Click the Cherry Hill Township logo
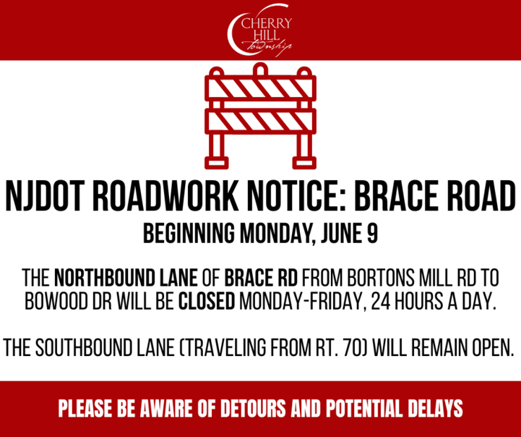(260, 30)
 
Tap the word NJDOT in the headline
(46, 196)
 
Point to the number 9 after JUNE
(373, 233)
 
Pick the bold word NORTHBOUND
(126, 277)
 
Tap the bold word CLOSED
(207, 301)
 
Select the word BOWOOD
(56, 301)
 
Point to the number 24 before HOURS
(379, 301)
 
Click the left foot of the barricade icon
(217, 163)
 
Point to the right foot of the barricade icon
(304, 163)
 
